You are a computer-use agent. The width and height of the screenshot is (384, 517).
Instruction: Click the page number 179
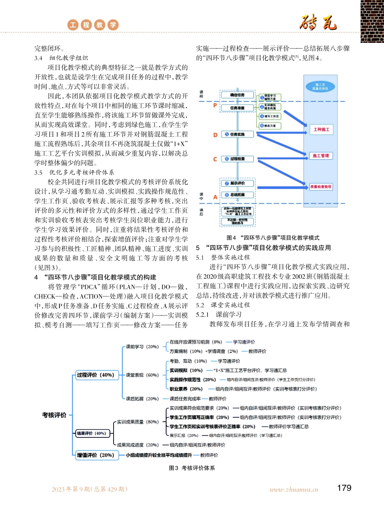344,488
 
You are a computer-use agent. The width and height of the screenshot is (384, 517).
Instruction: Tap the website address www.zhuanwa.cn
294,489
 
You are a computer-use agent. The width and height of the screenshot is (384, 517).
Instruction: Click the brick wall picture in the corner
371,21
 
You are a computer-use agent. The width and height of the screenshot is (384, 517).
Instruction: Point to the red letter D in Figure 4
215,134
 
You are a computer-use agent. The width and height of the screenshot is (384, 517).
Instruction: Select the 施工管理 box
321,156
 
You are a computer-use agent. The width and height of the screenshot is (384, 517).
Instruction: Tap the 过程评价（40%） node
95,375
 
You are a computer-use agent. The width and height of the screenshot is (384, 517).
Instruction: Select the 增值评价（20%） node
96,455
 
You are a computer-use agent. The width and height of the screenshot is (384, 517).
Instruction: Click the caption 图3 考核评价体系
192,468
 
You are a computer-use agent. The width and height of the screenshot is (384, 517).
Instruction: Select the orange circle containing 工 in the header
73,25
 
